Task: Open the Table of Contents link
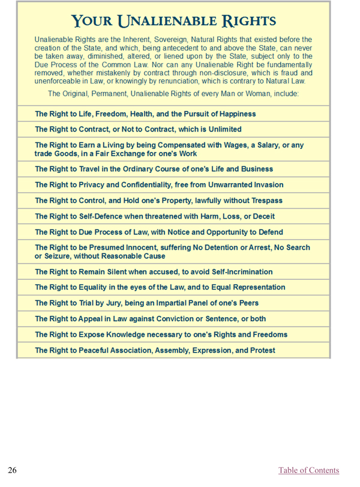coord(308,470)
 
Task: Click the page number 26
coord(12,470)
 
